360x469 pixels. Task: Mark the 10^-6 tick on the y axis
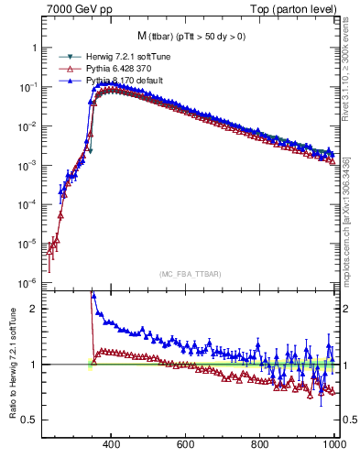coord(29,282)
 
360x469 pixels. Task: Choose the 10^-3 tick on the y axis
coord(29,165)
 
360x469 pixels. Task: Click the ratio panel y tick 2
coord(35,309)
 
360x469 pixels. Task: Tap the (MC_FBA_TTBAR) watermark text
coord(190,274)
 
